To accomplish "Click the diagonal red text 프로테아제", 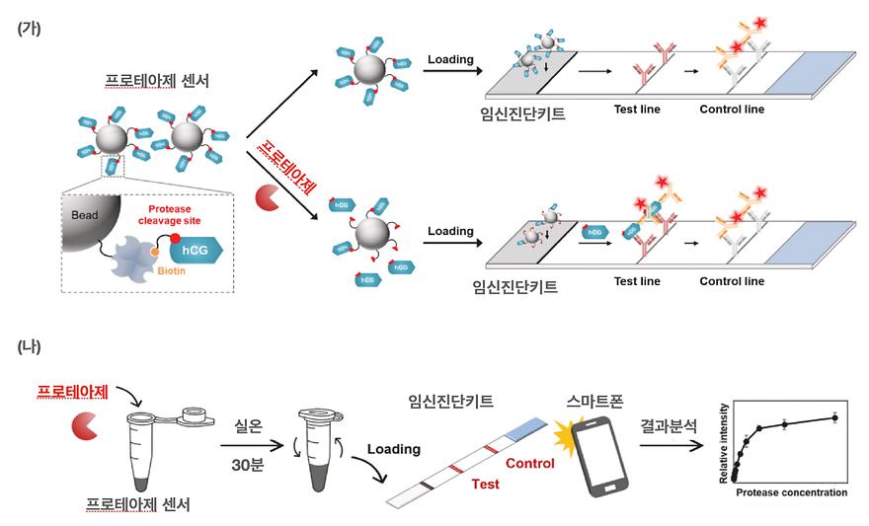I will coord(285,167).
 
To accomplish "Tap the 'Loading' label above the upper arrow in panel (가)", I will coord(450,59).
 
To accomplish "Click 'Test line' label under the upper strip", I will coord(636,110).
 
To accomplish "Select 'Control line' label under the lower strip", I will coord(732,281).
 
